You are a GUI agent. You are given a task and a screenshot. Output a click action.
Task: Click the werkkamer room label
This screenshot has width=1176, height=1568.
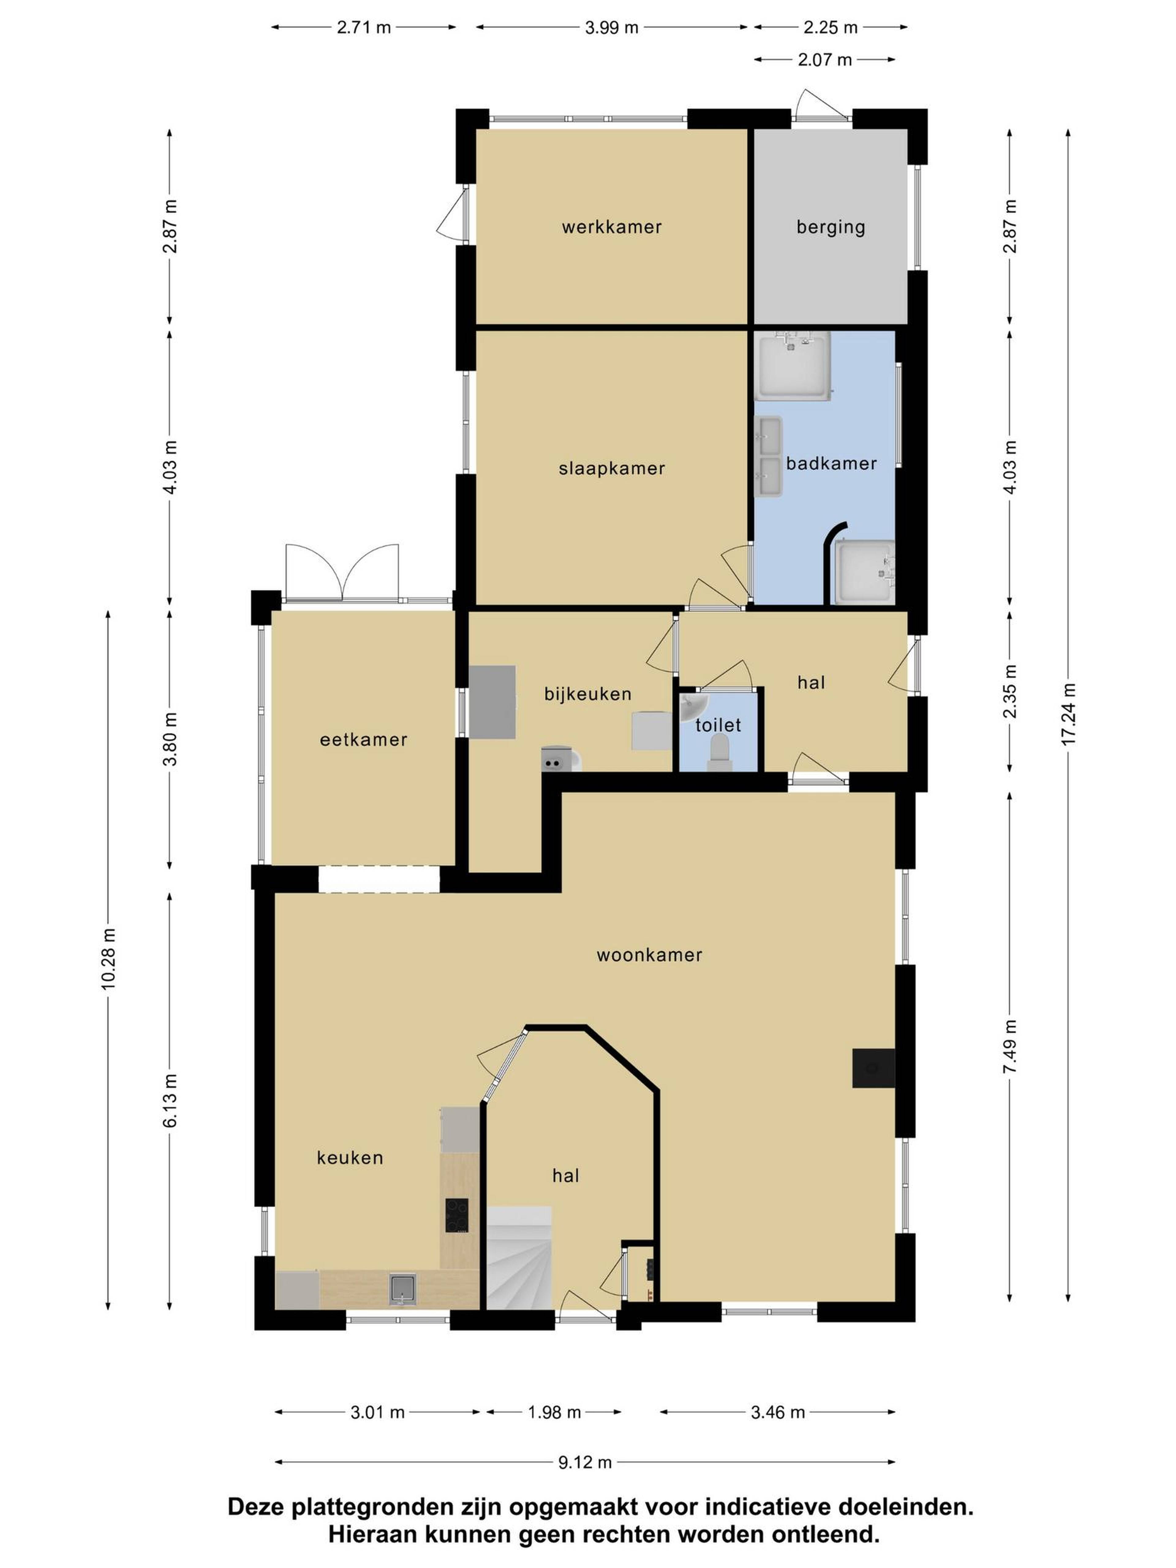(x=611, y=227)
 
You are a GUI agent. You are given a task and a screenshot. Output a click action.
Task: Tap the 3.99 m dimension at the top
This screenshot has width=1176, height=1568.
(x=612, y=28)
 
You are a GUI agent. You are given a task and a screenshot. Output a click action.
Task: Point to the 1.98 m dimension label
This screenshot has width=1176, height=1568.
(x=554, y=1412)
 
